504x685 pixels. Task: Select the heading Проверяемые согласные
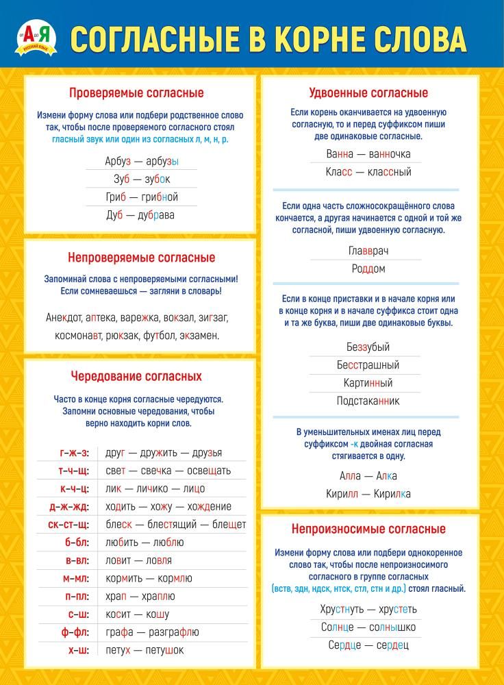[136, 92]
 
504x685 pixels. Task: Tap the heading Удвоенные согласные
[368, 92]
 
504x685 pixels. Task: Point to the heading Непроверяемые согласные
[141, 258]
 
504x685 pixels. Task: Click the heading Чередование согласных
[136, 376]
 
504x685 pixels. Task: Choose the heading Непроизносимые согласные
[368, 529]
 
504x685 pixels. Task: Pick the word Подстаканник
[368, 401]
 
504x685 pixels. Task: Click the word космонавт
[79, 336]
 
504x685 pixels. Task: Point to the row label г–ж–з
[74, 453]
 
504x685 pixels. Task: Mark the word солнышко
[392, 627]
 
